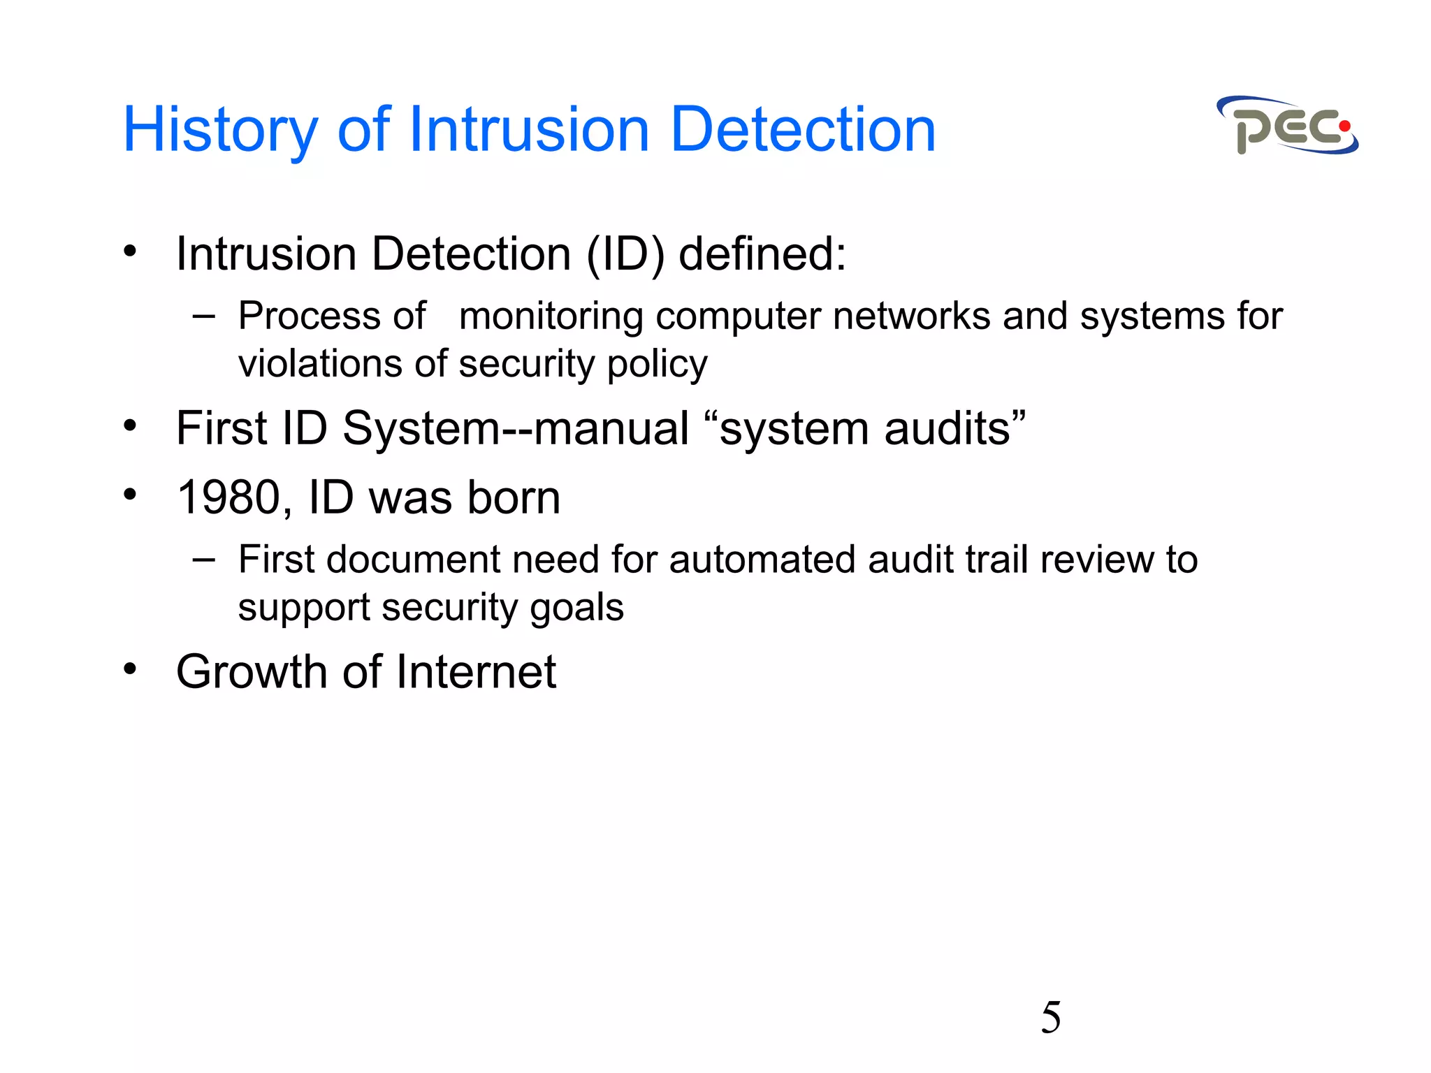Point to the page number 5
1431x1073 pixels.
[x=1050, y=1017]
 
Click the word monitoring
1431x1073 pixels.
[x=551, y=316]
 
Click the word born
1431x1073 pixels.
[x=514, y=498]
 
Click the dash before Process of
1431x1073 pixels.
[x=203, y=316]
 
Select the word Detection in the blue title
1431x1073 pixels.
[x=802, y=131]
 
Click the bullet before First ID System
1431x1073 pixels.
[x=130, y=425]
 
